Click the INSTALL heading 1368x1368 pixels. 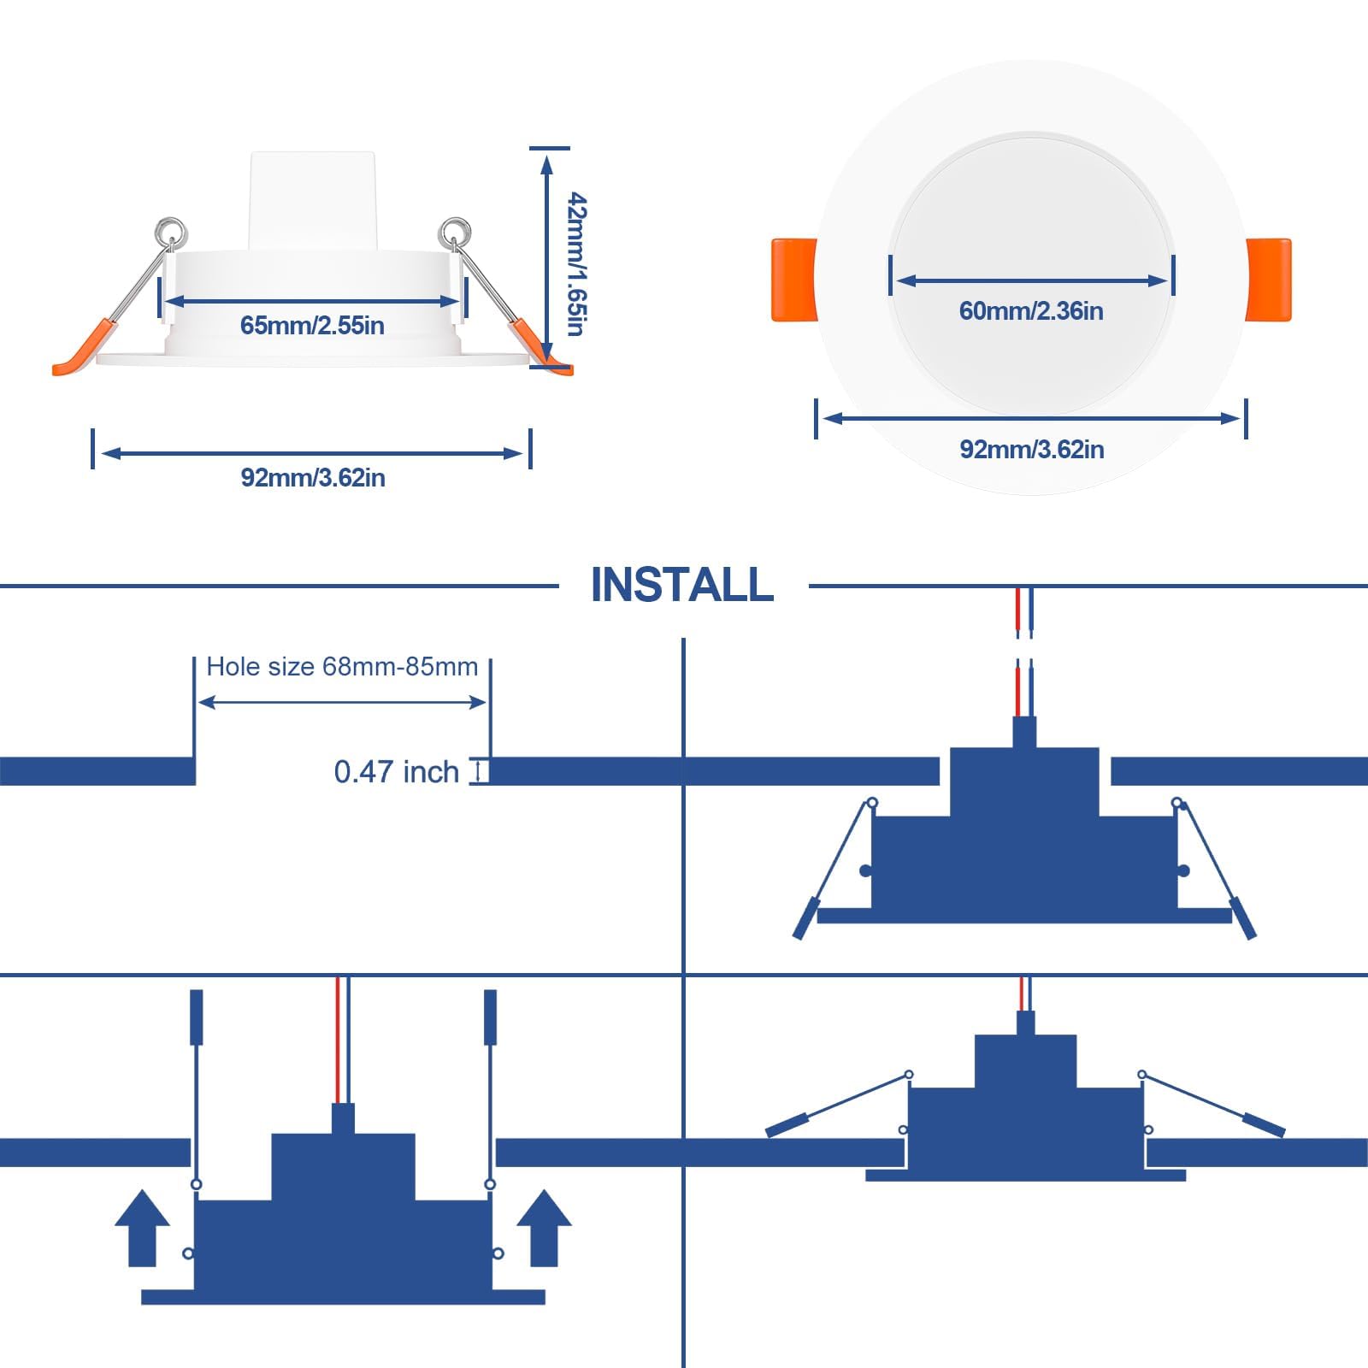pyautogui.click(x=681, y=586)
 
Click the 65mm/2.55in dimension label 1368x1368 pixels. pyautogui.click(x=312, y=326)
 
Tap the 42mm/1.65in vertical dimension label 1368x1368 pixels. pyautogui.click(x=578, y=264)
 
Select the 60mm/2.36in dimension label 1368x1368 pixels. pyautogui.click(x=1031, y=311)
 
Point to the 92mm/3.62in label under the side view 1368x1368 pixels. pyautogui.click(x=312, y=477)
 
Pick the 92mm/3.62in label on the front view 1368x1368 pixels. pyautogui.click(x=1031, y=450)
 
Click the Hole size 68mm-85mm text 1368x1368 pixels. pyautogui.click(x=342, y=667)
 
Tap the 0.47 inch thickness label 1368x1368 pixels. pyautogui.click(x=396, y=772)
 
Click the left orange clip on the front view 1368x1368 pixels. pyautogui.click(x=793, y=280)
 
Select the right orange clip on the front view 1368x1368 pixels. pyautogui.click(x=1269, y=280)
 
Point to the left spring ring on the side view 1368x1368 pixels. pyautogui.click(x=171, y=231)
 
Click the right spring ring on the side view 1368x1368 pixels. pyautogui.click(x=454, y=231)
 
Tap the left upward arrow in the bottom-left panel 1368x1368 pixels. pyautogui.click(x=142, y=1228)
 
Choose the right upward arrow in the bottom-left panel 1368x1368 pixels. pyautogui.click(x=544, y=1228)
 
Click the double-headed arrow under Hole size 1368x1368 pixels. pyautogui.click(x=342, y=703)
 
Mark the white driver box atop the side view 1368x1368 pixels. pyautogui.click(x=312, y=201)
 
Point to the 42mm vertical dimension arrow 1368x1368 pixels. pyautogui.click(x=546, y=256)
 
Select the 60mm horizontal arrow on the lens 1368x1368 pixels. pyautogui.click(x=1031, y=280)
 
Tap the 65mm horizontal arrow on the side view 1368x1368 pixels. pyautogui.click(x=312, y=301)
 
